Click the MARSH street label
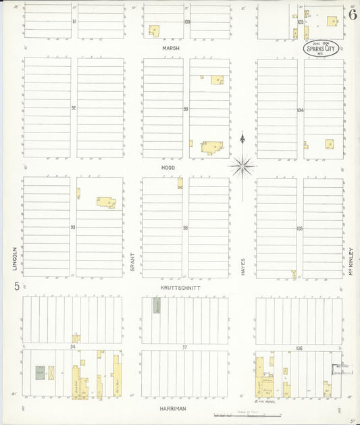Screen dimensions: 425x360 coord(169,48)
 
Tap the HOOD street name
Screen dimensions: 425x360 coord(168,167)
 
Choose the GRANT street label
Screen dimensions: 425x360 coord(132,262)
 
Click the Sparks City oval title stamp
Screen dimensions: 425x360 coord(320,49)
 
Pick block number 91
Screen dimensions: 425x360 coord(74,21)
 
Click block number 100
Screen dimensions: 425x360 coord(186,22)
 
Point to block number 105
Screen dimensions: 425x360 coord(300,228)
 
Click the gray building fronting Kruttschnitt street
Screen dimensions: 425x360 coord(157,305)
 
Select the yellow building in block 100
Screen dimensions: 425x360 coord(154,31)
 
